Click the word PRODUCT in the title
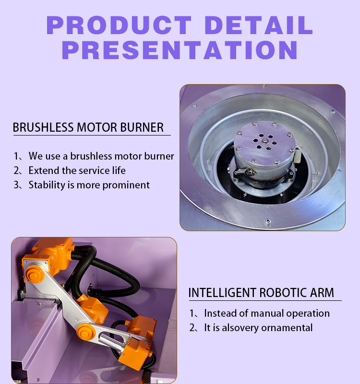click(119, 25)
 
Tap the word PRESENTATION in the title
click(180, 50)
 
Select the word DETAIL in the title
click(259, 25)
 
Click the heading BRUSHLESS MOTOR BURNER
click(88, 127)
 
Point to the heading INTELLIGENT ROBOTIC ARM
click(261, 292)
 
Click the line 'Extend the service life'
click(77, 171)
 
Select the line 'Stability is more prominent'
click(89, 185)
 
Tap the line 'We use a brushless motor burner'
click(101, 156)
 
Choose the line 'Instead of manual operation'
click(267, 313)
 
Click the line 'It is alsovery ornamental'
click(258, 328)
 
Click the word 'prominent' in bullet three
click(126, 186)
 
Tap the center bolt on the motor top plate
click(265, 141)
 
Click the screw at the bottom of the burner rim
click(268, 222)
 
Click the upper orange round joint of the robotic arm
click(35, 274)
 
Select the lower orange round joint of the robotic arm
click(86, 332)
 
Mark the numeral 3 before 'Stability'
click(16, 185)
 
